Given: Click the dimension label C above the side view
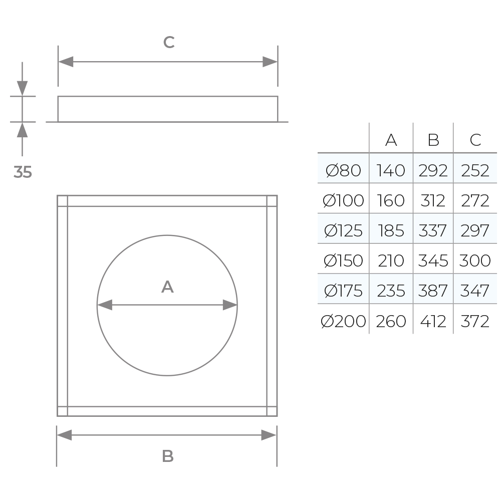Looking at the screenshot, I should coord(169,43).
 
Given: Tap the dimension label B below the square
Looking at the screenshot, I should coord(168,456).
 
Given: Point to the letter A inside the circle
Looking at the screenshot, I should coord(167,287).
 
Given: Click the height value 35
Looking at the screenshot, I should coord(23,172).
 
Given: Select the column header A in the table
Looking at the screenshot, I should coord(391,140).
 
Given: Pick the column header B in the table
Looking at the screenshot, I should coord(433,140).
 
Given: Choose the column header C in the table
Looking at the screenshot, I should coord(475,140).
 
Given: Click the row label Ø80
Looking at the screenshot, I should coord(343,170).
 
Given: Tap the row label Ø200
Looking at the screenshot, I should coord(343,321).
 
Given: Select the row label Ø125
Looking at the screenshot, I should coord(343,230).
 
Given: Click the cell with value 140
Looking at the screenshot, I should coord(391,170).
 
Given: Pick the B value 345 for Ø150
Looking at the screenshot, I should coord(433,261).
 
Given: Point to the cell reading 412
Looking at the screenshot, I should coord(433,321).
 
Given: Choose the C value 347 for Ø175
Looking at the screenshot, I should coord(475,291).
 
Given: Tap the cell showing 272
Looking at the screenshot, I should coord(475,200).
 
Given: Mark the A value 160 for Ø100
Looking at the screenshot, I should coord(391,200).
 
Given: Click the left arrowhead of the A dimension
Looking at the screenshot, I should coord(104,305).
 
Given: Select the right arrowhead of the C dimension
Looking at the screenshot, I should coord(270,62).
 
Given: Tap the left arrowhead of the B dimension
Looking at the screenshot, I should coord(64,435).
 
